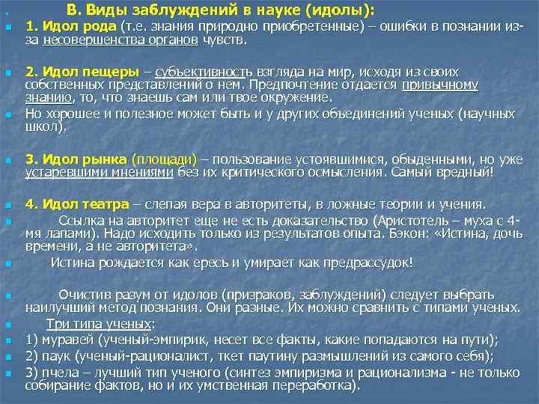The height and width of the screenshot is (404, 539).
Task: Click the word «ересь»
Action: tap(234, 263)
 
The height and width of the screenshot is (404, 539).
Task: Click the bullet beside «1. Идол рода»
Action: tap(7, 28)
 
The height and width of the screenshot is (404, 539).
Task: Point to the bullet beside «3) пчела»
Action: tap(7, 372)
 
